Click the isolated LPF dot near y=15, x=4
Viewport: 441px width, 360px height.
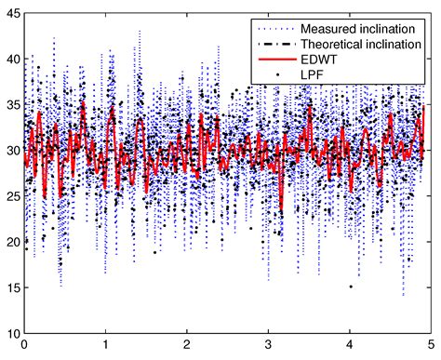351,287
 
